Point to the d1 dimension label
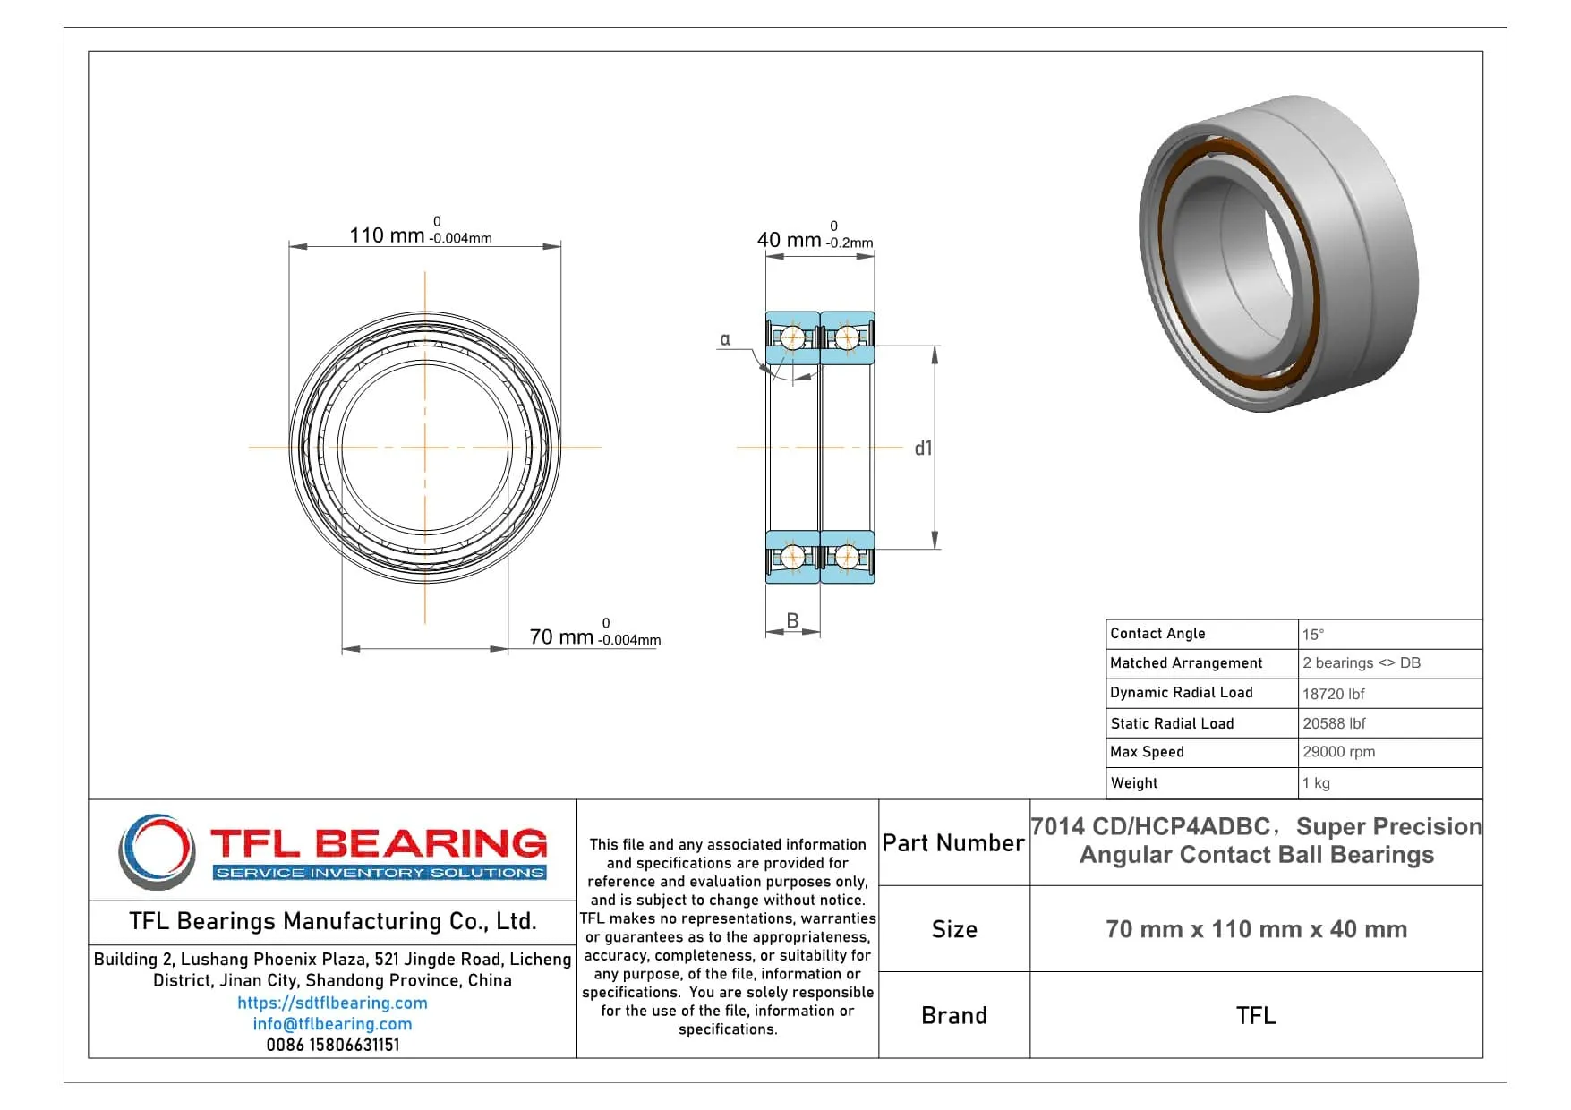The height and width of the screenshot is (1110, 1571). coord(923,448)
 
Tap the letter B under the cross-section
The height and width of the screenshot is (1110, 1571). coord(792,620)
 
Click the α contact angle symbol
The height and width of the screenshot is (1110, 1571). coord(725,339)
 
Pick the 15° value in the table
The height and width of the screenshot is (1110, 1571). coord(1313,635)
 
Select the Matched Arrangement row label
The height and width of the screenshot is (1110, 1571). coord(1186,663)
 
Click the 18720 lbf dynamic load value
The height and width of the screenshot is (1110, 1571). coord(1333,694)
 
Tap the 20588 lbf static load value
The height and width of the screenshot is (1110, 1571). coord(1334,723)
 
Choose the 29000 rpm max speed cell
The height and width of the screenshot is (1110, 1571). coord(1338,752)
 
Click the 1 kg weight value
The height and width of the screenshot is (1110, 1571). coord(1316,783)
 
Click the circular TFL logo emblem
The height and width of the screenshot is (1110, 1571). coord(158,851)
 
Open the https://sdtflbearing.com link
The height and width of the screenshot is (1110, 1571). coord(332,1003)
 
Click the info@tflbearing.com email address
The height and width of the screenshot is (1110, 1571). coord(332,1024)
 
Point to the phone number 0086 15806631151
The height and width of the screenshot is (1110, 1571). coord(332,1045)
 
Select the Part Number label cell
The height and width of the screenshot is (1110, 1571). coord(953,843)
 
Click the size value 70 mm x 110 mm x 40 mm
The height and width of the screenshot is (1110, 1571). coord(1256,929)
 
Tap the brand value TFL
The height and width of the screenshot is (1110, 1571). coord(1256,1016)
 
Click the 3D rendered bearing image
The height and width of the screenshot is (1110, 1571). coord(1277,254)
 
